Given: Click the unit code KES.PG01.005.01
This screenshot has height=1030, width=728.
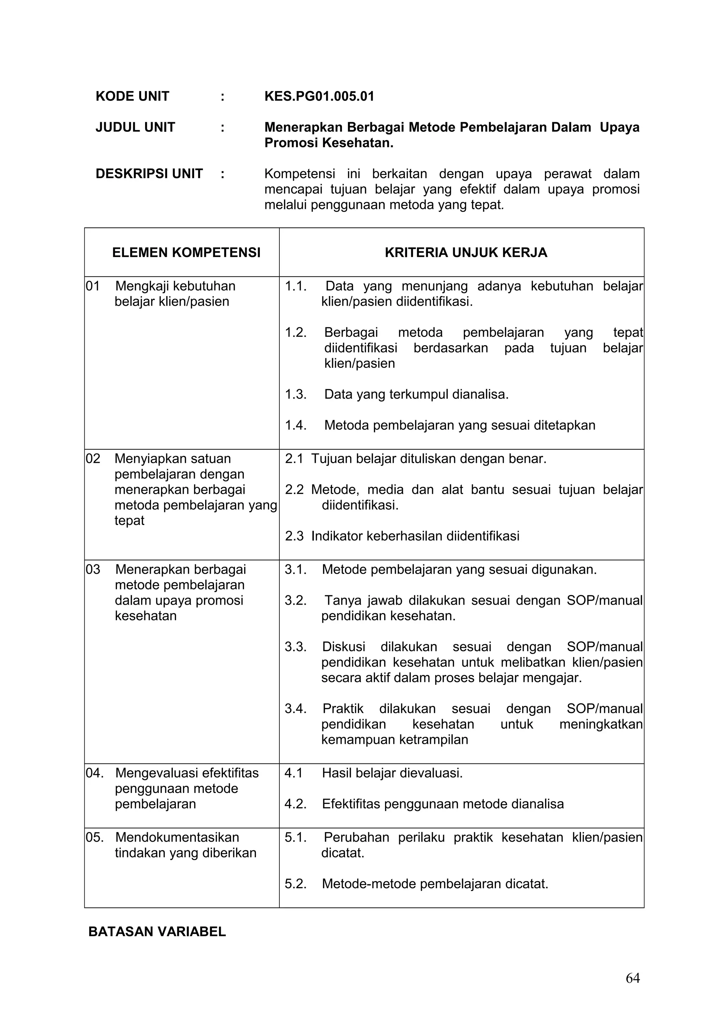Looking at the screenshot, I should coord(319,96).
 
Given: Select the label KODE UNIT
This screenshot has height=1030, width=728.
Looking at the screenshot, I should coord(132,96).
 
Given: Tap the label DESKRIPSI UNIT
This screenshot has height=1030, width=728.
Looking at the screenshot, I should coord(149,173).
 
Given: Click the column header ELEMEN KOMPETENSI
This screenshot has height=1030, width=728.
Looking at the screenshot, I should coord(186,253).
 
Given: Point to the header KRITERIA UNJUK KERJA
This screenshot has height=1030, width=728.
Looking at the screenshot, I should coord(466,253).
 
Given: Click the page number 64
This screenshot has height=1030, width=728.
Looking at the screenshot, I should coord(632,991).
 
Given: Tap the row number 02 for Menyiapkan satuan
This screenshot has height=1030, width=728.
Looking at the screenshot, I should coord(93,458).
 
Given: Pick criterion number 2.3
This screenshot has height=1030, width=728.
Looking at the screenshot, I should coord(294,536).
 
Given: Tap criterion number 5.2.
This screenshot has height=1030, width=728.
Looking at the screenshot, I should coord(296,884).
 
